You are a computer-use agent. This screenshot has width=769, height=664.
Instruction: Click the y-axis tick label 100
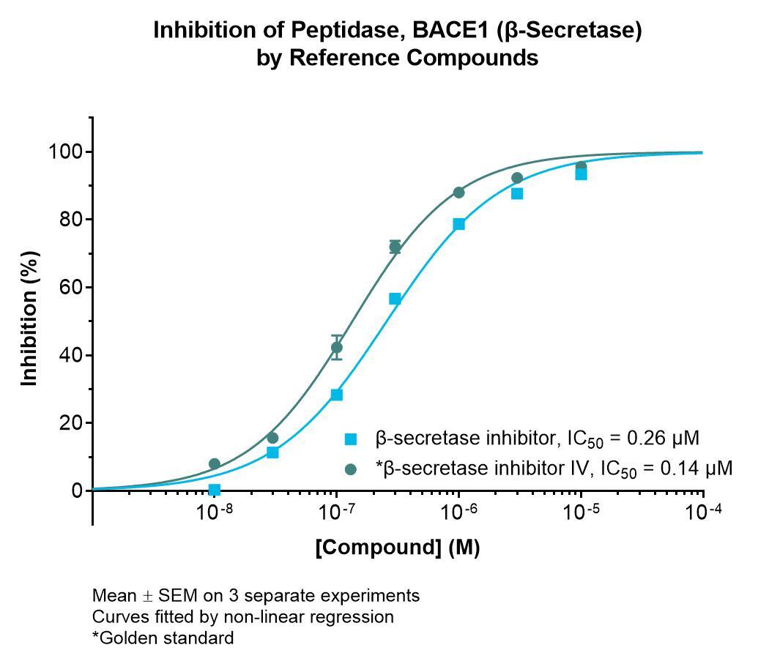pyautogui.click(x=67, y=152)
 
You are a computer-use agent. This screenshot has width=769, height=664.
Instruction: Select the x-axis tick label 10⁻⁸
pyautogui.click(x=215, y=512)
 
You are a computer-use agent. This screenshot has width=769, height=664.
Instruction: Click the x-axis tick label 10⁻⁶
pyautogui.click(x=459, y=512)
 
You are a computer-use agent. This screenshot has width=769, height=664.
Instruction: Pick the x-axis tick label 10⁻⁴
pyautogui.click(x=704, y=512)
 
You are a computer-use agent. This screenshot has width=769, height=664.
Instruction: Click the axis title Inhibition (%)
pyautogui.click(x=29, y=318)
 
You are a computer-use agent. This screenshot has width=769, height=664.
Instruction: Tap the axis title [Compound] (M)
pyautogui.click(x=398, y=547)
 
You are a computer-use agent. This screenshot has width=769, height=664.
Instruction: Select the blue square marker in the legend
pyautogui.click(x=351, y=439)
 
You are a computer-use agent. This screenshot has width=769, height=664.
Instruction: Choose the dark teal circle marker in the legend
pyautogui.click(x=351, y=469)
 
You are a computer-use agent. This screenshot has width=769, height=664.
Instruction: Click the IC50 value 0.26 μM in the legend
pyautogui.click(x=663, y=438)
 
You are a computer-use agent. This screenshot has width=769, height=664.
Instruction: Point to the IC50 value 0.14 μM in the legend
pyautogui.click(x=696, y=469)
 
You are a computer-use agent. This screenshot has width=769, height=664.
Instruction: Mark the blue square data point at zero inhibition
pyautogui.click(x=215, y=490)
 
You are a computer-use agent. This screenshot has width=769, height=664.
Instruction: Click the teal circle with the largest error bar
pyautogui.click(x=336, y=348)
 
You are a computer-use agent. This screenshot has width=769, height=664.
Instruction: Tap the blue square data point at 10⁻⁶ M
pyautogui.click(x=459, y=224)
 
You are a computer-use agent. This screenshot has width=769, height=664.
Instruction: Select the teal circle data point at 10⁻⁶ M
pyautogui.click(x=459, y=193)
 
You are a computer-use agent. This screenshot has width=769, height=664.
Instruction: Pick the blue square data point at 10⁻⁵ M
pyautogui.click(x=582, y=174)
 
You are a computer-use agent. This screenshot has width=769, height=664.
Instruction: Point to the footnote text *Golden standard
pyautogui.click(x=163, y=638)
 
